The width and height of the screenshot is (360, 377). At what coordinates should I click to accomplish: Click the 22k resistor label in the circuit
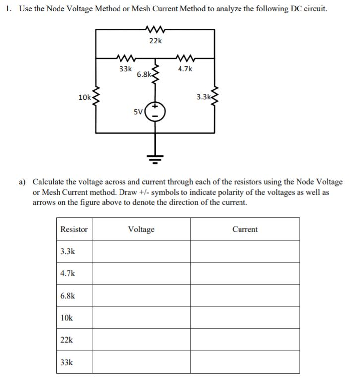[x=155, y=41]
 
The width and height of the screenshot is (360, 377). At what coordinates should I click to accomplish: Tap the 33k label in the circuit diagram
[x=125, y=69]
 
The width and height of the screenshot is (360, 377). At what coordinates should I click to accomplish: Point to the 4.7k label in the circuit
[x=185, y=69]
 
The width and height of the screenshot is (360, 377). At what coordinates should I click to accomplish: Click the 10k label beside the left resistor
[x=84, y=97]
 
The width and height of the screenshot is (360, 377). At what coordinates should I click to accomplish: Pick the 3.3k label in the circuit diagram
[x=203, y=97]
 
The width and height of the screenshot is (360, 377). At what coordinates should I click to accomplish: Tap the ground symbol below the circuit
[x=155, y=158]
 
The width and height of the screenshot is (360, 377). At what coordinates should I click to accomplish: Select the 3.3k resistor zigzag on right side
[x=215, y=97]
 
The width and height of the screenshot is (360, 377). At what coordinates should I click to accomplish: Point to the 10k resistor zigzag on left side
[x=95, y=97]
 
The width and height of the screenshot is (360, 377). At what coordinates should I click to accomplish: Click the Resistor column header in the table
[x=74, y=229]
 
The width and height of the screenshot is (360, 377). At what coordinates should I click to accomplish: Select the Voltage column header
[x=141, y=229]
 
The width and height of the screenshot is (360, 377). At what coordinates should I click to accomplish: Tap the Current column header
[x=245, y=229]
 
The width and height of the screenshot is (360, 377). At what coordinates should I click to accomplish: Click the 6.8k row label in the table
[x=68, y=296]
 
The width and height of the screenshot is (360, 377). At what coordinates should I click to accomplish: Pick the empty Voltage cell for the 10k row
[x=141, y=318]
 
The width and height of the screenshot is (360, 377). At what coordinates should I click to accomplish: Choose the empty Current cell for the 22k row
[x=245, y=340]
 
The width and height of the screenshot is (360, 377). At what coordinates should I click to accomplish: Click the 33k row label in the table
[x=67, y=362]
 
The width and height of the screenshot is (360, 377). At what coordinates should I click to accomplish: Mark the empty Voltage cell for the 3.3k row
[x=141, y=251]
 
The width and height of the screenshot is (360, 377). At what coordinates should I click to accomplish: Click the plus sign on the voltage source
[x=155, y=106]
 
